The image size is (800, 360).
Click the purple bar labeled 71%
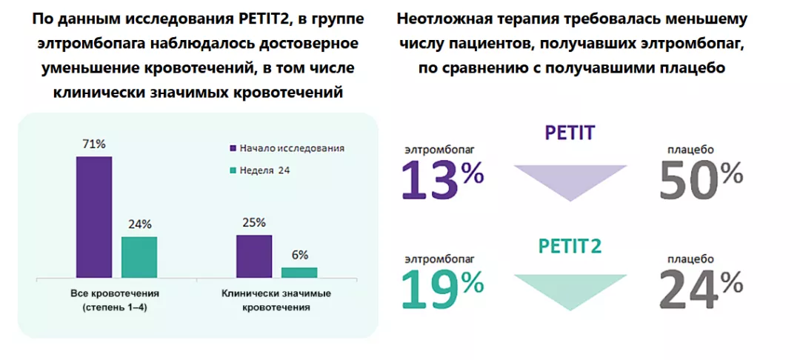[x=93, y=217]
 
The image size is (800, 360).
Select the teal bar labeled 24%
[x=139, y=257]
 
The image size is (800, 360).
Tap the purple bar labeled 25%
[x=254, y=256]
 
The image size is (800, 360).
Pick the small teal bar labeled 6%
[x=299, y=272]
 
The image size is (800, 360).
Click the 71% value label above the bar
[x=93, y=144]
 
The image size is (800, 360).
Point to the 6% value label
[x=300, y=255]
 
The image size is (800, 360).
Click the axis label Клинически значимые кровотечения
[x=276, y=299]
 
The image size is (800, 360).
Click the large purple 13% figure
[x=442, y=180]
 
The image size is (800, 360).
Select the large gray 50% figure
[x=701, y=180]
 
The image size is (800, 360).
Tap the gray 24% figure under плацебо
[x=701, y=287]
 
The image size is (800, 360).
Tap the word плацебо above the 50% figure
[x=690, y=150]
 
